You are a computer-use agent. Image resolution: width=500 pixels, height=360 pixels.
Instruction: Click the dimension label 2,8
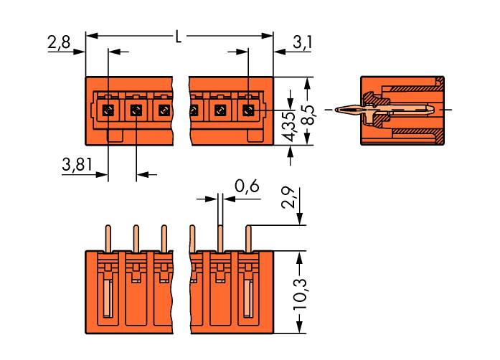click(60, 42)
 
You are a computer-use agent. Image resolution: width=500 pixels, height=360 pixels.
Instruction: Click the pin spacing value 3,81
click(75, 166)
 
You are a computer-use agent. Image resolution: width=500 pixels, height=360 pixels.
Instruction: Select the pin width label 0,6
click(247, 188)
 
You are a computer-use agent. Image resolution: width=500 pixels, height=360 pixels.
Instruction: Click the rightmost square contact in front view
click(248, 110)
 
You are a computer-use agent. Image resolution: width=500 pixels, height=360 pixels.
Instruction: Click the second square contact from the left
click(136, 110)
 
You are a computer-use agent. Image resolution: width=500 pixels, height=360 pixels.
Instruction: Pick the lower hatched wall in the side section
click(409, 133)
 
